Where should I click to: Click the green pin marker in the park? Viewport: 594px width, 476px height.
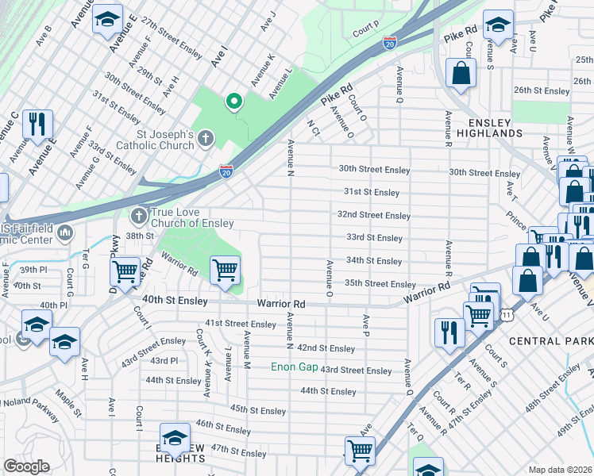[233, 101]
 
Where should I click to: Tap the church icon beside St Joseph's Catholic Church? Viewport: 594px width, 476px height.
[205, 140]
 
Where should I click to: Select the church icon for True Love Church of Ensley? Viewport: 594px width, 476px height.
[139, 216]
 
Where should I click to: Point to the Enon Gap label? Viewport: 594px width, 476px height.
[293, 367]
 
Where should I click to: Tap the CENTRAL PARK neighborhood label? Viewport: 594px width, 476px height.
[550, 341]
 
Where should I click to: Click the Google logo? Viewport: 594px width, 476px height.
[26, 466]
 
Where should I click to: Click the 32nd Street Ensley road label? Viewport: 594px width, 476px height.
[373, 215]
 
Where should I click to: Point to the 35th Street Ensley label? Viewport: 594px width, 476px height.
[380, 284]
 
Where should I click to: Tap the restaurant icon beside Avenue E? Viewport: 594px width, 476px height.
[37, 124]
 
